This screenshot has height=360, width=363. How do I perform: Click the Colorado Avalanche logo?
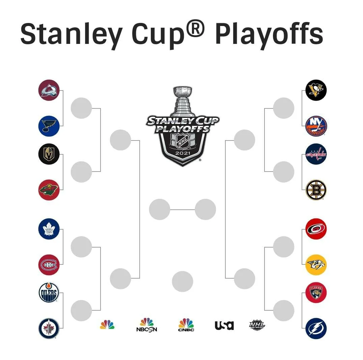[x=49, y=90]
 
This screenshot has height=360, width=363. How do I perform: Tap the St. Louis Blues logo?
[x=49, y=126]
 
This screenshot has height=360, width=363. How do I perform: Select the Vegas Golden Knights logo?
[x=49, y=154]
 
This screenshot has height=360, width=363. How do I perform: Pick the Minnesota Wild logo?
[x=49, y=190]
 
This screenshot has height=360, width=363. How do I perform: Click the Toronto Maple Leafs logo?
[x=49, y=229]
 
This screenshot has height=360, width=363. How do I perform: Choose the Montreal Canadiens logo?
[x=49, y=265]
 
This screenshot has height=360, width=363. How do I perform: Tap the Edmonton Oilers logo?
[x=49, y=292]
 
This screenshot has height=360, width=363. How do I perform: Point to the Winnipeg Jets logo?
[x=49, y=328]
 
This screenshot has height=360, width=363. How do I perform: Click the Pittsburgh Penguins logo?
[x=316, y=90]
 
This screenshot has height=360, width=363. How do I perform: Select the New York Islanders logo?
[x=316, y=126]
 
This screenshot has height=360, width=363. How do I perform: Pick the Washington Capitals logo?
[x=316, y=154]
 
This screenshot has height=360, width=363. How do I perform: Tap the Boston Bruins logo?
[x=316, y=190]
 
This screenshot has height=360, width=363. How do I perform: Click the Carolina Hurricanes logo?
[x=316, y=229]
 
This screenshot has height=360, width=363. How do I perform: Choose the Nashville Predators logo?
[x=316, y=265]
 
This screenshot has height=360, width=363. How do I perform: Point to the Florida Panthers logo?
[x=316, y=292]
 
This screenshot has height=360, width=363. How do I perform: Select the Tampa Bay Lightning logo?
[x=316, y=328]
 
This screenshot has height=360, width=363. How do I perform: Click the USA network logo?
[x=224, y=325]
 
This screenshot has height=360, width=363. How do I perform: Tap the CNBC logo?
[x=186, y=325]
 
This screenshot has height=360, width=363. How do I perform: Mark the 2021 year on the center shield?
[x=183, y=153]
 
